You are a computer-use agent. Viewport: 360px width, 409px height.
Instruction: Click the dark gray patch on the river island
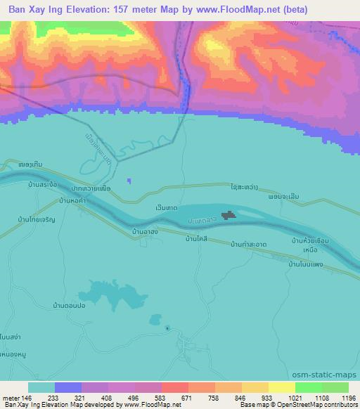[x=229, y=216]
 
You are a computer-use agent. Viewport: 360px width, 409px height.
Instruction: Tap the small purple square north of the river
[x=128, y=181]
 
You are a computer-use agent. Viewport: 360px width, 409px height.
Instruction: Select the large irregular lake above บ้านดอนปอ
[x=112, y=292]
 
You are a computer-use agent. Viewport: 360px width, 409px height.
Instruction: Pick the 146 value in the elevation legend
[x=26, y=397]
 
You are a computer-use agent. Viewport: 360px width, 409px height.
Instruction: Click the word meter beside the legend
[x=9, y=397]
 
